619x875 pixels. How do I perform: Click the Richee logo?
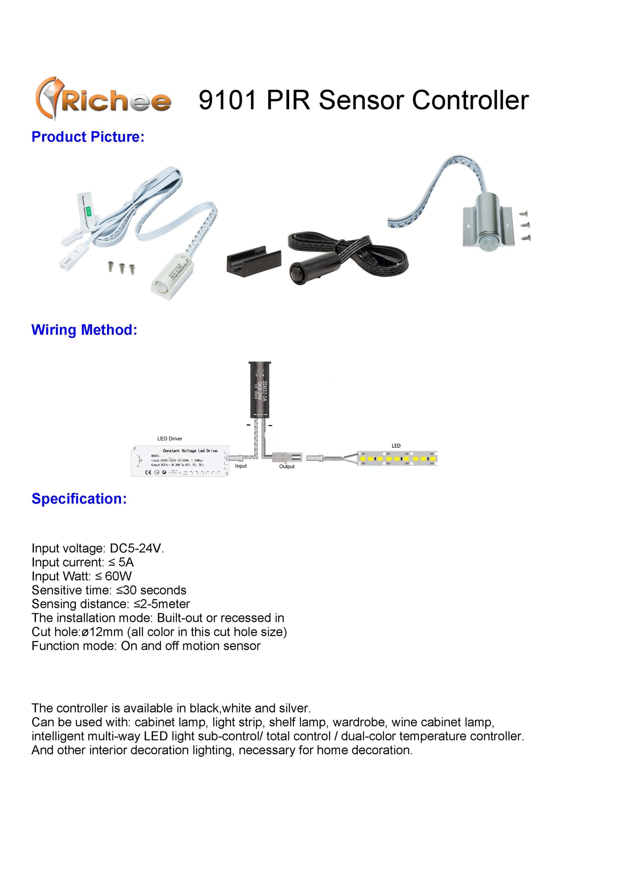103,99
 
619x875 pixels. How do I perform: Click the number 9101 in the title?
227,100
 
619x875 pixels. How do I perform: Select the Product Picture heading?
88,137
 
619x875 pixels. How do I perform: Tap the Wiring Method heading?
84,330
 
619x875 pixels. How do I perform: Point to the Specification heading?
79,499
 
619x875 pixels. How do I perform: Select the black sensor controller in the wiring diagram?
260,389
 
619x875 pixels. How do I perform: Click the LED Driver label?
170,439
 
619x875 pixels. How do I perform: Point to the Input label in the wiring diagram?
241,466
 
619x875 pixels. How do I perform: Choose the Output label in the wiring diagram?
287,466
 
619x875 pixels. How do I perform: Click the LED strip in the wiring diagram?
397,458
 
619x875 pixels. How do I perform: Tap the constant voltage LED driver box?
179,461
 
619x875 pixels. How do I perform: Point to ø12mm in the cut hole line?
102,632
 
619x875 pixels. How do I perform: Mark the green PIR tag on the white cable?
89,211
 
